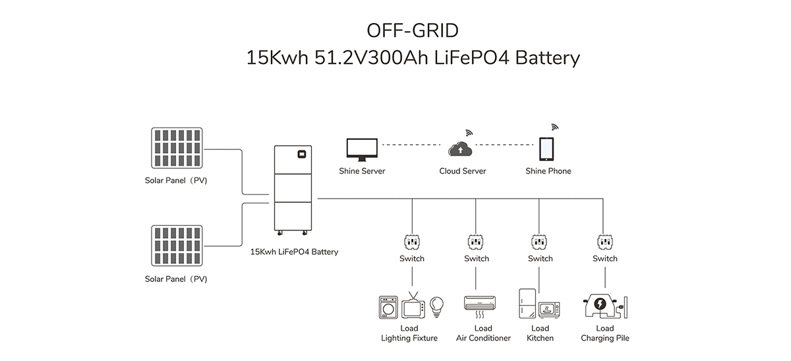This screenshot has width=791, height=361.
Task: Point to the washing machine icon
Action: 390,308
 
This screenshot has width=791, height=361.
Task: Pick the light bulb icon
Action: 436,306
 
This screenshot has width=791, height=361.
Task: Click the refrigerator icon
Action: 527,304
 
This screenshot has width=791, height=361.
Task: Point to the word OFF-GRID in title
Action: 413,31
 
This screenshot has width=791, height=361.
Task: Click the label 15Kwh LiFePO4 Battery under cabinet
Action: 294,251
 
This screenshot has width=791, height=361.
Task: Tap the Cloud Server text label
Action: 462,172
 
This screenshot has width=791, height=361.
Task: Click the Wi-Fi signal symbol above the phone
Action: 554,126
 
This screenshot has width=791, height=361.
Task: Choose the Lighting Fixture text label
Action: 409,339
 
